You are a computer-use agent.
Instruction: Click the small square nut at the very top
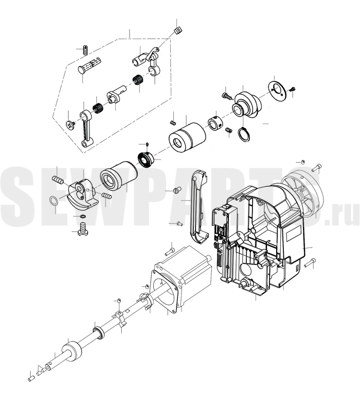(177, 30)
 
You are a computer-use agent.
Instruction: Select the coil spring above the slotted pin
(85, 50)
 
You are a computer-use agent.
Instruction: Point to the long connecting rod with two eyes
(86, 128)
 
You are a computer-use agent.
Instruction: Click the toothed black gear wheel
(146, 159)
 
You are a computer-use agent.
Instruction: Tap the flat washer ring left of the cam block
(53, 201)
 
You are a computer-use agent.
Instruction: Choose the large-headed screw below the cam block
(83, 229)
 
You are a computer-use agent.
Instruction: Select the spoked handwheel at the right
(302, 193)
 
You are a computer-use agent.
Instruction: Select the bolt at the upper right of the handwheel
(317, 168)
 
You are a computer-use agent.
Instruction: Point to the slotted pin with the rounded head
(89, 66)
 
